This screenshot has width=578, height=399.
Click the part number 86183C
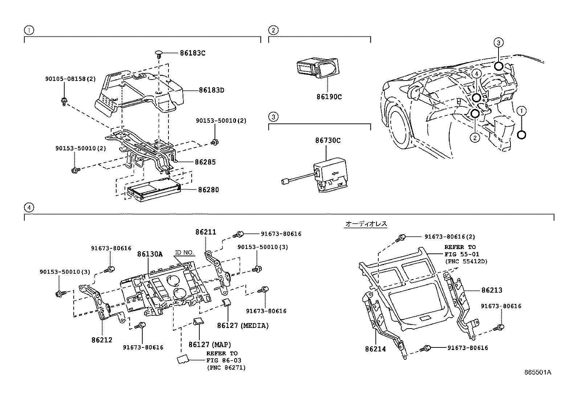pyautogui.click(x=192, y=53)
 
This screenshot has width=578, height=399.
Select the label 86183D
pyautogui.click(x=211, y=90)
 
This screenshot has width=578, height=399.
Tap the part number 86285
pyautogui.click(x=205, y=162)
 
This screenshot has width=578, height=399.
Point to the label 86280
pyautogui.click(x=208, y=190)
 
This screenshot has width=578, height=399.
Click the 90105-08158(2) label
pyautogui.click(x=70, y=79)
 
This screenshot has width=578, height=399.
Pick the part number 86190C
pyautogui.click(x=329, y=97)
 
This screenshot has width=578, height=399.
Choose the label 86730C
pyautogui.click(x=328, y=141)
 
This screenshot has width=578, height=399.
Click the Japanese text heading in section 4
pyautogui.click(x=366, y=224)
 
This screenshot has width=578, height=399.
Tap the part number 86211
pyautogui.click(x=205, y=232)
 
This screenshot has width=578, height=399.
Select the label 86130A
pyautogui.click(x=150, y=254)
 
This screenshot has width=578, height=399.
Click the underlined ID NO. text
pyautogui.click(x=184, y=252)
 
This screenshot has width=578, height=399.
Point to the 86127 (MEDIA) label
pyautogui.click(x=243, y=326)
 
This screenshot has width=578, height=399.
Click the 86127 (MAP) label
pyautogui.click(x=209, y=345)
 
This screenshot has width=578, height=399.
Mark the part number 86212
pyautogui.click(x=102, y=340)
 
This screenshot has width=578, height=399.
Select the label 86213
pyautogui.click(x=492, y=290)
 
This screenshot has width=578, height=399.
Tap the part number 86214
pyautogui.click(x=375, y=349)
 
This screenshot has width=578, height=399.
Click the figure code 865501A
pyautogui.click(x=538, y=372)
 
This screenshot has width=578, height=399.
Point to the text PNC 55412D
pyautogui.click(x=466, y=261)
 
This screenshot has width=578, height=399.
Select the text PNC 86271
pyautogui.click(x=226, y=367)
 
